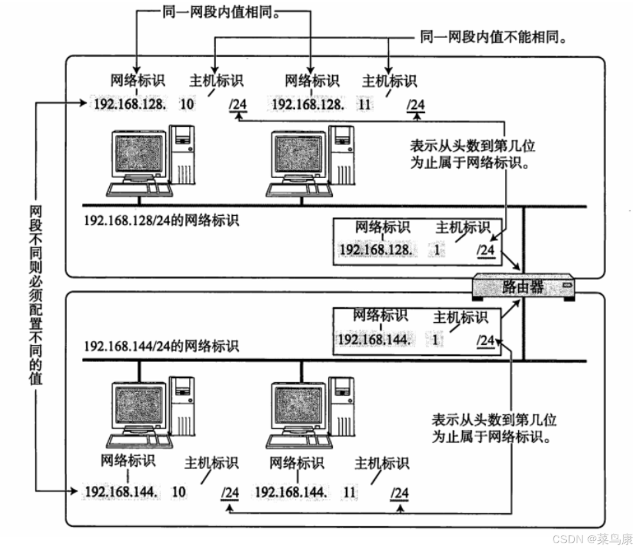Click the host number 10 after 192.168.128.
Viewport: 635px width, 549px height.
tap(187, 105)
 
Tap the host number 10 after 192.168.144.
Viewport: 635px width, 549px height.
tap(179, 492)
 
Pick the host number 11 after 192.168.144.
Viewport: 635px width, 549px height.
tap(350, 492)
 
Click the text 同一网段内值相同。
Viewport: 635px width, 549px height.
tap(222, 12)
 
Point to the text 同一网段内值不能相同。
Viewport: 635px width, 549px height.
tap(491, 38)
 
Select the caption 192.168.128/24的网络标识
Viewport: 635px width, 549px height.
tap(161, 220)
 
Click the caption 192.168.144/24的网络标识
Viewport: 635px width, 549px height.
tap(161, 346)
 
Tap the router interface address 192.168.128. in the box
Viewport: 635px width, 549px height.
tap(376, 249)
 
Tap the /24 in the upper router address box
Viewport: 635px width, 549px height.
tap(485, 250)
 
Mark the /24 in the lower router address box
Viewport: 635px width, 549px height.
tap(485, 340)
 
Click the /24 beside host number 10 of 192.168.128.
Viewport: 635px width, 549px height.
tap(239, 105)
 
